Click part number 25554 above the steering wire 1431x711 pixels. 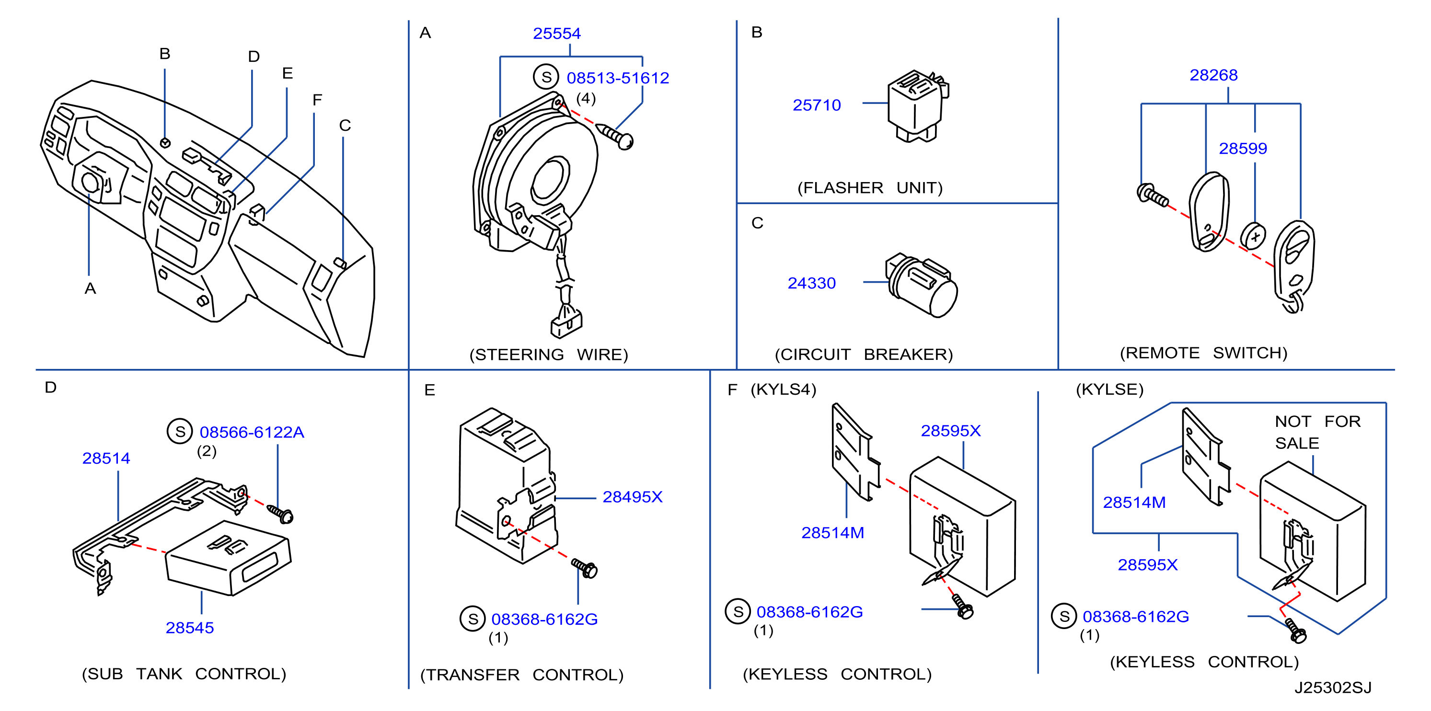tap(556, 34)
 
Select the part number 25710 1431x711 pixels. tap(817, 105)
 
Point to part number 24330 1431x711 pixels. tap(812, 283)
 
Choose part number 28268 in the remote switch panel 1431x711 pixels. tap(1213, 75)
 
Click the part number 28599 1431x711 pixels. tap(1243, 149)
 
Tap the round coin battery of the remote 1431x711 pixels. tap(1253, 236)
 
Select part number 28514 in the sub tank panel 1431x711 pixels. tap(106, 458)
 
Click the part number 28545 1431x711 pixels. tap(189, 628)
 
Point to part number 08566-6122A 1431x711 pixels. tap(252, 432)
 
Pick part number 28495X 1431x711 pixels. tap(633, 496)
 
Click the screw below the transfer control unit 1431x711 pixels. tap(584, 568)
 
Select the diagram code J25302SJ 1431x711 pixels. tap(1333, 688)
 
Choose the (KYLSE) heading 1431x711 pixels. tap(1109, 390)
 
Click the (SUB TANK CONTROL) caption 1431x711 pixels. tap(184, 674)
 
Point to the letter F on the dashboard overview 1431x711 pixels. tap(317, 100)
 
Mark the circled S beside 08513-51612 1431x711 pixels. tap(546, 77)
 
